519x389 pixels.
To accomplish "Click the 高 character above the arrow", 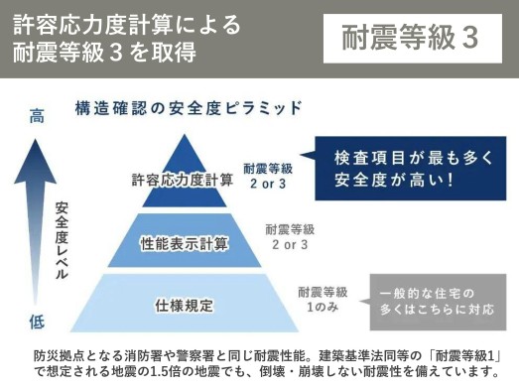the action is [37, 117].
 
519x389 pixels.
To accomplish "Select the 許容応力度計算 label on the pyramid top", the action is [183, 181].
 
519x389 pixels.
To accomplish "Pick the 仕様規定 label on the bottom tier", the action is [185, 304].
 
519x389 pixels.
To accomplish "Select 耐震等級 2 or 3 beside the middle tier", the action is [290, 236].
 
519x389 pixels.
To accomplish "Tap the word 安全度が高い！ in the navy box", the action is [396, 182].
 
